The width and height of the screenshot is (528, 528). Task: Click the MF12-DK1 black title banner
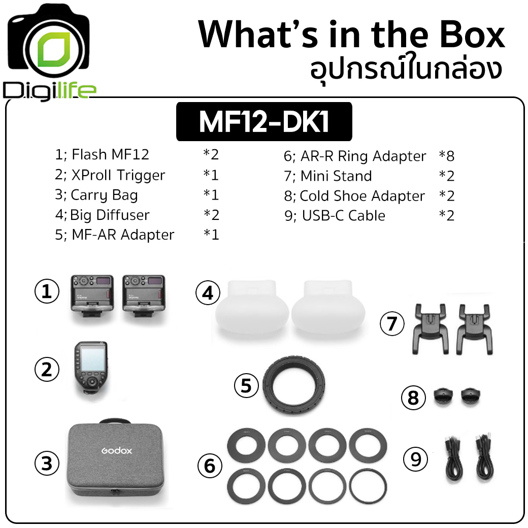(x=264, y=121)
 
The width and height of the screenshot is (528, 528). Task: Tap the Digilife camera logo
(x=49, y=52)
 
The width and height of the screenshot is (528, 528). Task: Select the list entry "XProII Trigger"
(x=118, y=175)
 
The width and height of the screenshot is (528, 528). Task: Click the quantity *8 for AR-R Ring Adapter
(x=446, y=156)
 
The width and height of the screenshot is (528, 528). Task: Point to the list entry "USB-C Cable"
(x=344, y=215)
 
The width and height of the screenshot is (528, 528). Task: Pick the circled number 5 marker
(x=247, y=385)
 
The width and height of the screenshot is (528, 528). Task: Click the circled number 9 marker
(x=415, y=459)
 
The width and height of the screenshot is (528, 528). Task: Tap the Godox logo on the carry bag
(x=116, y=450)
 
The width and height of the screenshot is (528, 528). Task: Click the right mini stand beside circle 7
(x=475, y=329)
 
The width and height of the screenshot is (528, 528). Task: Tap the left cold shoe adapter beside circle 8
(x=443, y=397)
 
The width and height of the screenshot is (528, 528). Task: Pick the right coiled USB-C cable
(x=484, y=458)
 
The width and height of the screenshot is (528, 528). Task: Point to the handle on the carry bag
(x=115, y=421)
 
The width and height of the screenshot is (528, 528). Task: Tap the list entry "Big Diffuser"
(x=110, y=215)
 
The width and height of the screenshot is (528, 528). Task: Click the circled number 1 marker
(x=47, y=291)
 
